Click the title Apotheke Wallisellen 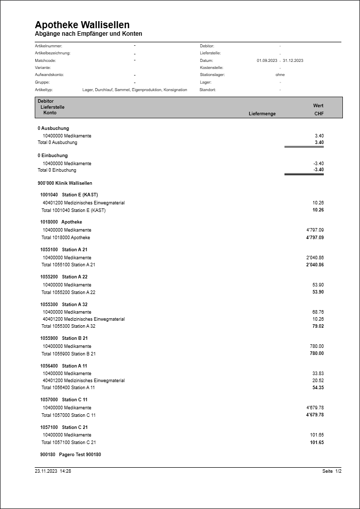coord(82,25)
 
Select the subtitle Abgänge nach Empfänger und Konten coord(88,34)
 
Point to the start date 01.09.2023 coord(267,60)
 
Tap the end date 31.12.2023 coord(293,60)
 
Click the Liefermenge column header coord(262,114)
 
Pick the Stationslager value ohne coord(280,75)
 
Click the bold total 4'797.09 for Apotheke coord(315,237)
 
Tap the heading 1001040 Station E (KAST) coord(69,194)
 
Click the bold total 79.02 coord(318,326)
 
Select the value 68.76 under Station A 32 coord(318,312)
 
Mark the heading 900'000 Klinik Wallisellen coord(64,183)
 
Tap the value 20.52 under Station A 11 coord(318,381)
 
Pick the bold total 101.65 coord(317,443)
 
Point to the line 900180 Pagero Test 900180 coord(70,454)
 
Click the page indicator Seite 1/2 coord(332,471)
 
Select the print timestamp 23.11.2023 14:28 coord(53,471)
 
